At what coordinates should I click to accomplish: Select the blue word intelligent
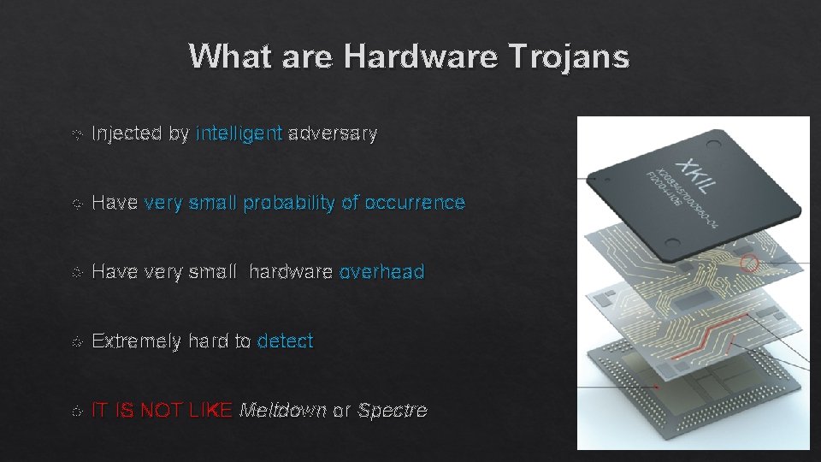(x=239, y=133)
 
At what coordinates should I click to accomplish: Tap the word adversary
(x=333, y=133)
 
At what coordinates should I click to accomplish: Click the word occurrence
(x=415, y=203)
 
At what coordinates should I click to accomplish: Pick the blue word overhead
(x=381, y=272)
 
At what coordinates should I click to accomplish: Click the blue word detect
(x=285, y=341)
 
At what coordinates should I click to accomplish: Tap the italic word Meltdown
(x=283, y=411)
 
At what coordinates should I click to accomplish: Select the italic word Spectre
(x=392, y=411)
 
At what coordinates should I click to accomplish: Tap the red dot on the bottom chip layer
(x=657, y=387)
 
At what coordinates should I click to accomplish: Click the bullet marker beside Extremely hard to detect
(x=77, y=341)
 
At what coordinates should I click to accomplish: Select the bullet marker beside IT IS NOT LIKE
(x=77, y=411)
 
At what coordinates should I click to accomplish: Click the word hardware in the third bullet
(x=291, y=272)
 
